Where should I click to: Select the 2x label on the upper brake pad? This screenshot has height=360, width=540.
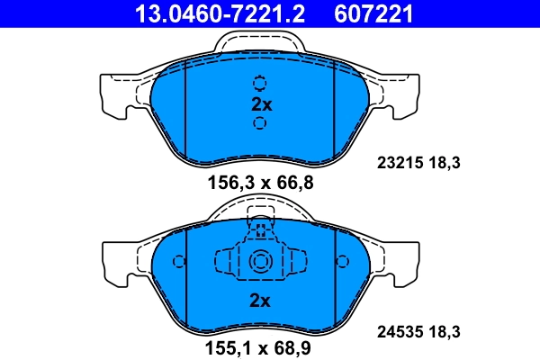[260, 103]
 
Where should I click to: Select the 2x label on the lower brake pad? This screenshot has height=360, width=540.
[260, 301]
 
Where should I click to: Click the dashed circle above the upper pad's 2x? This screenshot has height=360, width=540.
[260, 84]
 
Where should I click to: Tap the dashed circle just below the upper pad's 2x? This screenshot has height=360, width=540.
[260, 122]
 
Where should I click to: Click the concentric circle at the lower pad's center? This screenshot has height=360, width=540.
[260, 263]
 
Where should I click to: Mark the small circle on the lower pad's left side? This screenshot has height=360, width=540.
[178, 262]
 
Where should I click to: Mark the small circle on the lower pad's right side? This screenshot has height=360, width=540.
[342, 262]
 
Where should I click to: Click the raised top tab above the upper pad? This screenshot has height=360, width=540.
[260, 41]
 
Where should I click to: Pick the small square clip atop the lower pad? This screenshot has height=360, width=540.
[260, 229]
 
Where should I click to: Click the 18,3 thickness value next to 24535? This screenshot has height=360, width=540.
[445, 331]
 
